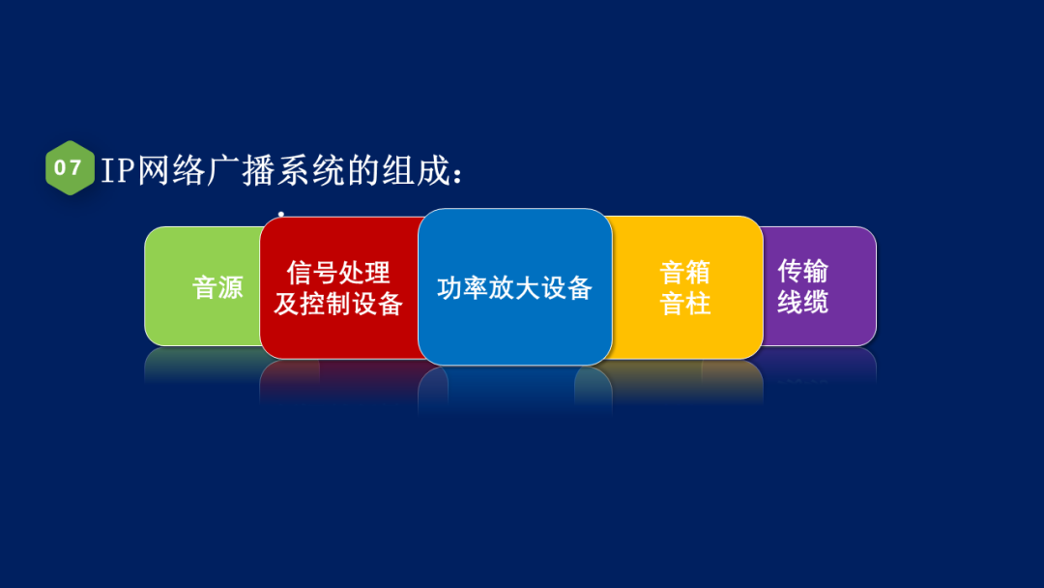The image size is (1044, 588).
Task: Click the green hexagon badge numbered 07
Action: [x=70, y=168]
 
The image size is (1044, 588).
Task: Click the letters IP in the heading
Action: [x=119, y=170]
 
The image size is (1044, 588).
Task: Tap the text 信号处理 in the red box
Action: [x=338, y=273]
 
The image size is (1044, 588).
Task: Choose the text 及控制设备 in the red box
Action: [x=338, y=304]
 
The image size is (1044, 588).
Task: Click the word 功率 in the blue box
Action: [x=463, y=288]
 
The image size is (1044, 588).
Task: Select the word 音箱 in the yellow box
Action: [x=685, y=272]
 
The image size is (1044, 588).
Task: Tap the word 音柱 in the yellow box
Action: [x=685, y=304]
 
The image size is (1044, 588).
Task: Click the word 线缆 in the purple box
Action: [x=803, y=302]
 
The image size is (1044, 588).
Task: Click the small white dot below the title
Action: [x=280, y=214]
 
